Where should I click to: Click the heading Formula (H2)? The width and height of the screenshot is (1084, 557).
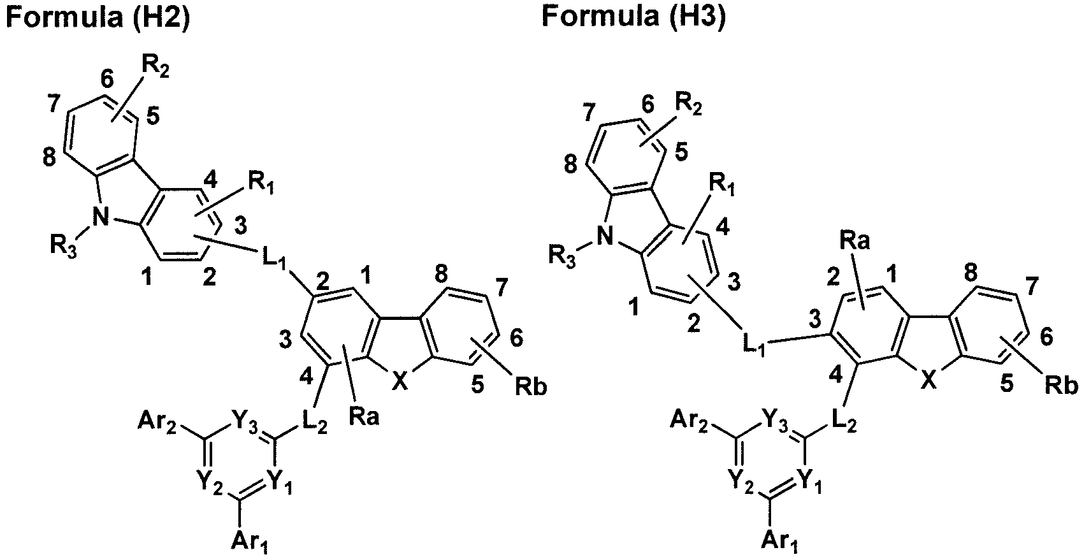pyautogui.click(x=97, y=17)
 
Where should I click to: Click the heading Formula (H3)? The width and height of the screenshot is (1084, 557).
pyautogui.click(x=634, y=17)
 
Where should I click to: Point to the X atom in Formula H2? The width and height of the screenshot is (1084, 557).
pyautogui.click(x=400, y=382)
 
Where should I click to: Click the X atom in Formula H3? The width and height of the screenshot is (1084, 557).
pyautogui.click(x=928, y=382)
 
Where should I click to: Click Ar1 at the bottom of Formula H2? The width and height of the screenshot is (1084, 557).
pyautogui.click(x=250, y=541)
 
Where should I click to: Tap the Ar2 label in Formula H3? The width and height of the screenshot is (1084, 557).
pyautogui.click(x=689, y=422)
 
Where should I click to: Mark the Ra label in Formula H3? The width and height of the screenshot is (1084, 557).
pyautogui.click(x=855, y=240)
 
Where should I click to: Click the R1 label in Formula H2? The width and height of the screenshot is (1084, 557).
pyautogui.click(x=261, y=185)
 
